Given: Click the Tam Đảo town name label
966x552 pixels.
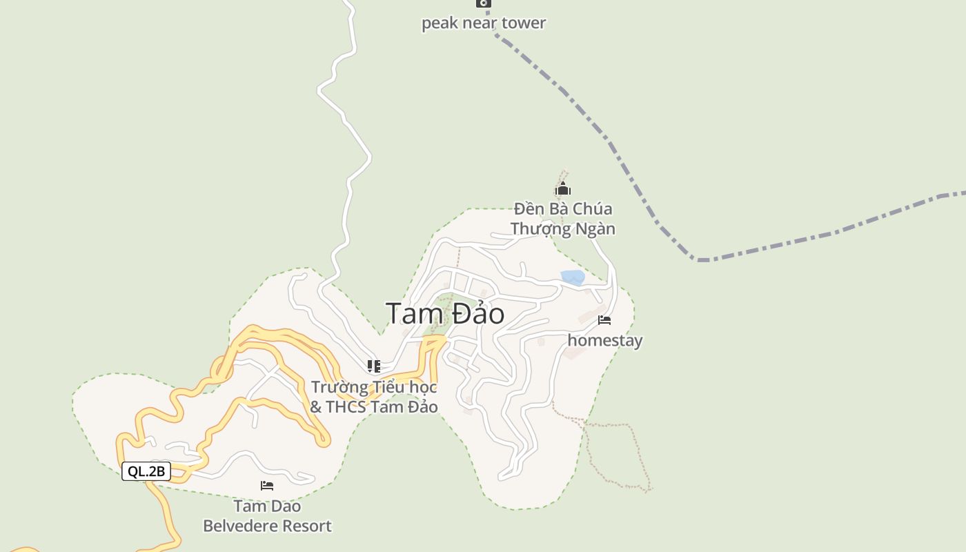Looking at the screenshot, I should tap(445, 314).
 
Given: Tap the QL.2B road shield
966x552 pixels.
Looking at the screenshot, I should tap(146, 471).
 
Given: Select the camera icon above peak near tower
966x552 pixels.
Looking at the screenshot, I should tap(484, 3).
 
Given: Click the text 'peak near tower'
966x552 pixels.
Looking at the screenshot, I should tap(484, 23).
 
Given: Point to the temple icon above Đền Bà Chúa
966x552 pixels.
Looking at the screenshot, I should tap(563, 188).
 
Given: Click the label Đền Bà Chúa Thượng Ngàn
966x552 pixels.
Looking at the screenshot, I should tap(563, 218).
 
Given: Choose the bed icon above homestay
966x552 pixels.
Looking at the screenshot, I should tap(604, 320).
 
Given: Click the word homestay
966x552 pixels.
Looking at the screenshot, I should tap(604, 340).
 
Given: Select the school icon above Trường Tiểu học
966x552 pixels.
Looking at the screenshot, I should tap(374, 366).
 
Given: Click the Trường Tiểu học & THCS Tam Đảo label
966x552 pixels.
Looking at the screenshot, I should tap(374, 397).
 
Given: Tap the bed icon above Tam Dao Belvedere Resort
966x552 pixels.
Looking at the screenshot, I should tap(267, 486).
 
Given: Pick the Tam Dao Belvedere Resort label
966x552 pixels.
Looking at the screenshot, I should tap(267, 515).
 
